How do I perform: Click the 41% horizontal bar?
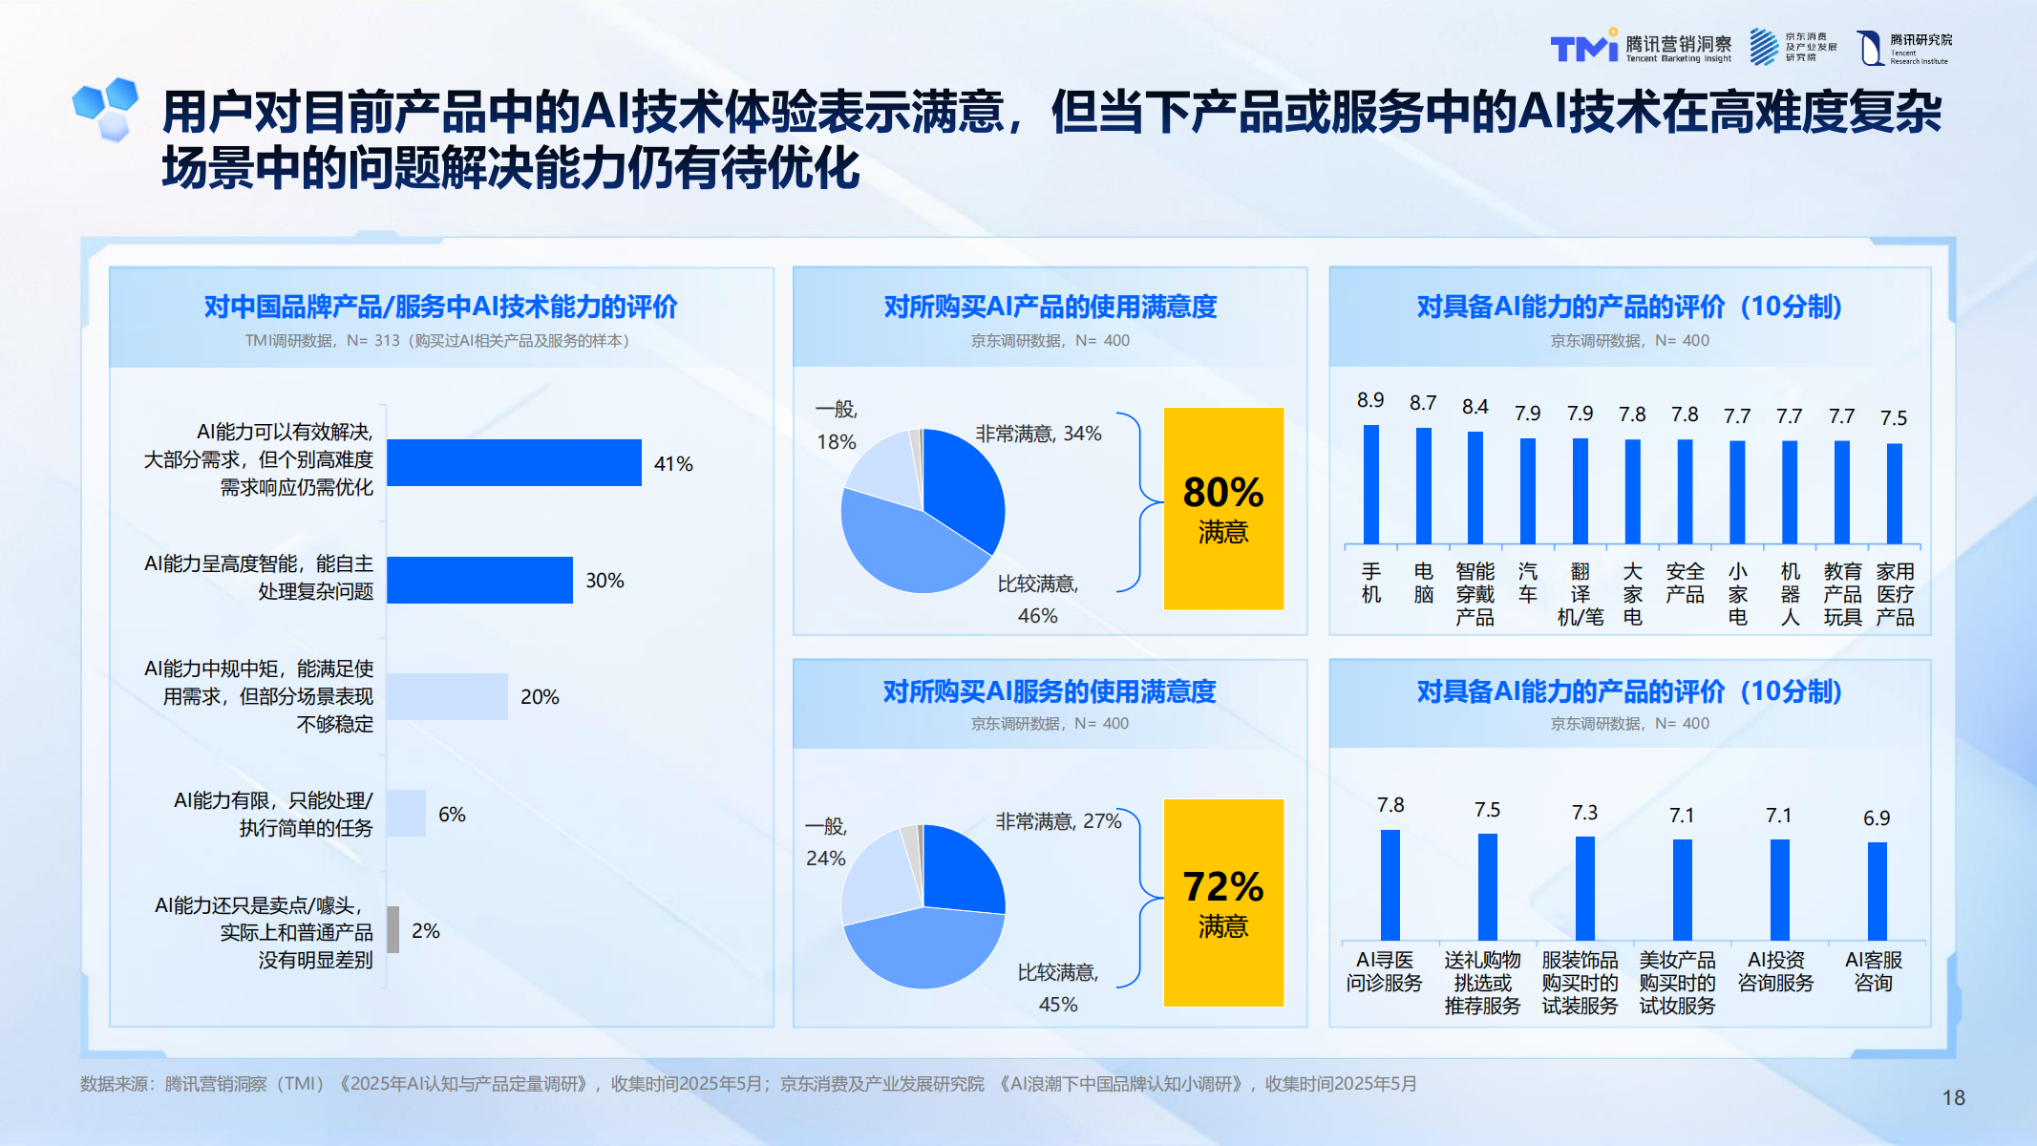pos(514,463)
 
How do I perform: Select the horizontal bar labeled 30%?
pos(479,580)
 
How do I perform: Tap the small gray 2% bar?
pos(393,930)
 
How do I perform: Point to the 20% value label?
pos(540,697)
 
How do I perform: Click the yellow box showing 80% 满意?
pos(1223,508)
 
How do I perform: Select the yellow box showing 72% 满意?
pos(1223,902)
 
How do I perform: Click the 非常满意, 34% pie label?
pos(1038,434)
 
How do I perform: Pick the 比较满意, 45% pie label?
pos(1058,987)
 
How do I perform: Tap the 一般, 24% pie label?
pos(826,841)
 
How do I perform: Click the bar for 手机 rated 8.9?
pos(1370,484)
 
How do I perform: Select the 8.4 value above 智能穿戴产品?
pos(1475,407)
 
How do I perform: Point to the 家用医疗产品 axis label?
pos(1895,594)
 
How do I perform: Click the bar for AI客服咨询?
pos(1877,891)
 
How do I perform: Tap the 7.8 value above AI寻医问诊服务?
pos(1390,805)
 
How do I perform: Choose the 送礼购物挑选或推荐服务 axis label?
pos(1482,983)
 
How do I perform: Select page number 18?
pos(1953,1098)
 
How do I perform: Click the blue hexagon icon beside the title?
pos(107,108)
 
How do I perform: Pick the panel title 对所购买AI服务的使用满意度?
pos(1050,690)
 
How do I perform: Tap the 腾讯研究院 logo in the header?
pos(1904,47)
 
